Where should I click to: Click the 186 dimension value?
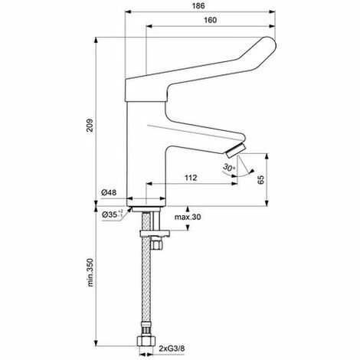198,6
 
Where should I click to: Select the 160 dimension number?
210,20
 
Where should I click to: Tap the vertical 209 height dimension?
90,125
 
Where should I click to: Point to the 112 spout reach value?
191,178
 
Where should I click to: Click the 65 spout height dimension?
260,179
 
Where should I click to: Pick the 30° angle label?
229,168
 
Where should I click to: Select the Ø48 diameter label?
109,192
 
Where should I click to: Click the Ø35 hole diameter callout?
113,214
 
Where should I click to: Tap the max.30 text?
188,217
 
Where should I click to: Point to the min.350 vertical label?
90,272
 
